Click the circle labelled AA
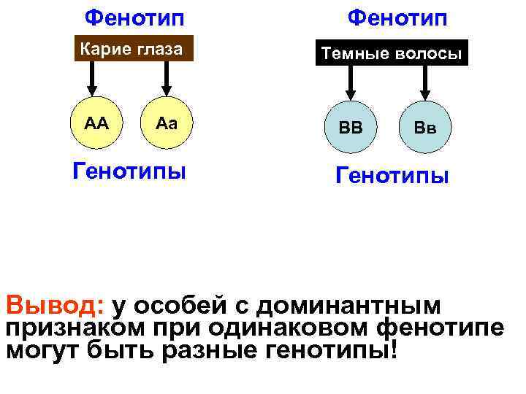(96, 123)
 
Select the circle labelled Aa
(167, 123)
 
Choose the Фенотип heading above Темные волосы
(397, 16)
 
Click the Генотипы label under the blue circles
(392, 176)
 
